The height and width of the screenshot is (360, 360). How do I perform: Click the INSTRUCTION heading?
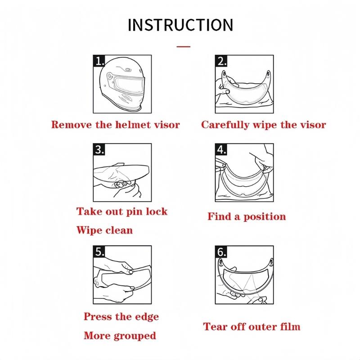pyautogui.click(x=180, y=25)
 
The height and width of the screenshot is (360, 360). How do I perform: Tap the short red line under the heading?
pyautogui.click(x=184, y=47)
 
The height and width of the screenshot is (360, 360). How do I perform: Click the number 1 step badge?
pyautogui.click(x=99, y=61)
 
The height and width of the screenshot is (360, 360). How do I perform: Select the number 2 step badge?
pyautogui.click(x=221, y=61)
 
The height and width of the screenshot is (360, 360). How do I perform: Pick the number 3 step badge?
pyautogui.click(x=99, y=149)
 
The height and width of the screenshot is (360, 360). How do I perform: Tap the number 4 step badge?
pyautogui.click(x=221, y=149)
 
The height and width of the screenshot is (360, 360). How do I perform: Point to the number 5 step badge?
pyautogui.click(x=99, y=252)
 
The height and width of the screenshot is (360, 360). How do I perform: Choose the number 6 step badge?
pyautogui.click(x=221, y=252)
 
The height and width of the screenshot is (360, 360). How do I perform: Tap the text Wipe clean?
pyautogui.click(x=105, y=230)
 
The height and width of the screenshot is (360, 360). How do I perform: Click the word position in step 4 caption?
pyautogui.click(x=265, y=217)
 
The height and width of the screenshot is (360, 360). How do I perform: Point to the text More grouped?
pyautogui.click(x=120, y=336)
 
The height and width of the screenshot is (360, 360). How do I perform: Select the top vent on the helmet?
pyautogui.click(x=127, y=69)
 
